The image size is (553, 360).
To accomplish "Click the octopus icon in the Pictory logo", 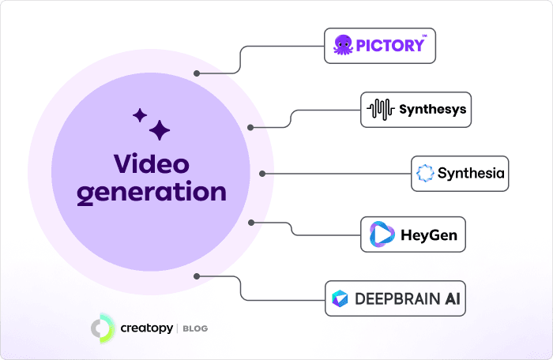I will click(342, 45).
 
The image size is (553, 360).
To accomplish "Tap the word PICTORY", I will click(389, 45).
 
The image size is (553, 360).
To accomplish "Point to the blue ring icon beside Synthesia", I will click(425, 173).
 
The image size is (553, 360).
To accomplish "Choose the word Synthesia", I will click(471, 173).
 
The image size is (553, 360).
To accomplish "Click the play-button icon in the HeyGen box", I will click(383, 234).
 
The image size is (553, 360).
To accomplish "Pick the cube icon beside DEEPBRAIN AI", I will click(340, 298).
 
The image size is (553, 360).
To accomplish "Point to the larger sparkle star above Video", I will click(160, 130).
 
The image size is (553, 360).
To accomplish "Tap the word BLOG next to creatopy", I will click(194, 328).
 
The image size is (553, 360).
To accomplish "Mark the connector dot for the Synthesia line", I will click(262, 173).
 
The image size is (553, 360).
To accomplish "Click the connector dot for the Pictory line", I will click(196, 74).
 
